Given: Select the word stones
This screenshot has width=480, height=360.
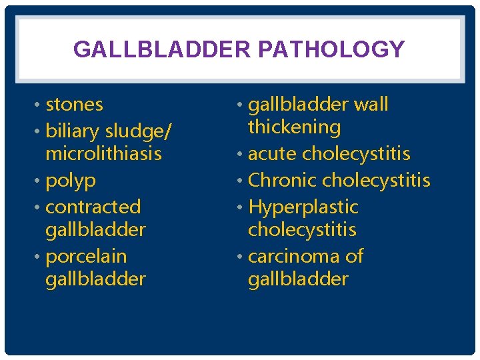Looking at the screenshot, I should click(x=74, y=105).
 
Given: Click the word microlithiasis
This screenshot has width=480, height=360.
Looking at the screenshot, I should click(x=103, y=153).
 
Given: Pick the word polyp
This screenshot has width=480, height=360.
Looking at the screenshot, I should click(x=71, y=181).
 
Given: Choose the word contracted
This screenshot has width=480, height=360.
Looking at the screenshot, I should click(x=93, y=207).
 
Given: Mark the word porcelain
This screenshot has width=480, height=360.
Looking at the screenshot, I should click(x=85, y=256).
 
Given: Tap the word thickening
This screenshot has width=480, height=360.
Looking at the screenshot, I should click(x=294, y=127).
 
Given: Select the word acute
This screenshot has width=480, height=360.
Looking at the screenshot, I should click(x=273, y=154).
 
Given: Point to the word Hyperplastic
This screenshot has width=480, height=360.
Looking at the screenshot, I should click(x=303, y=207).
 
